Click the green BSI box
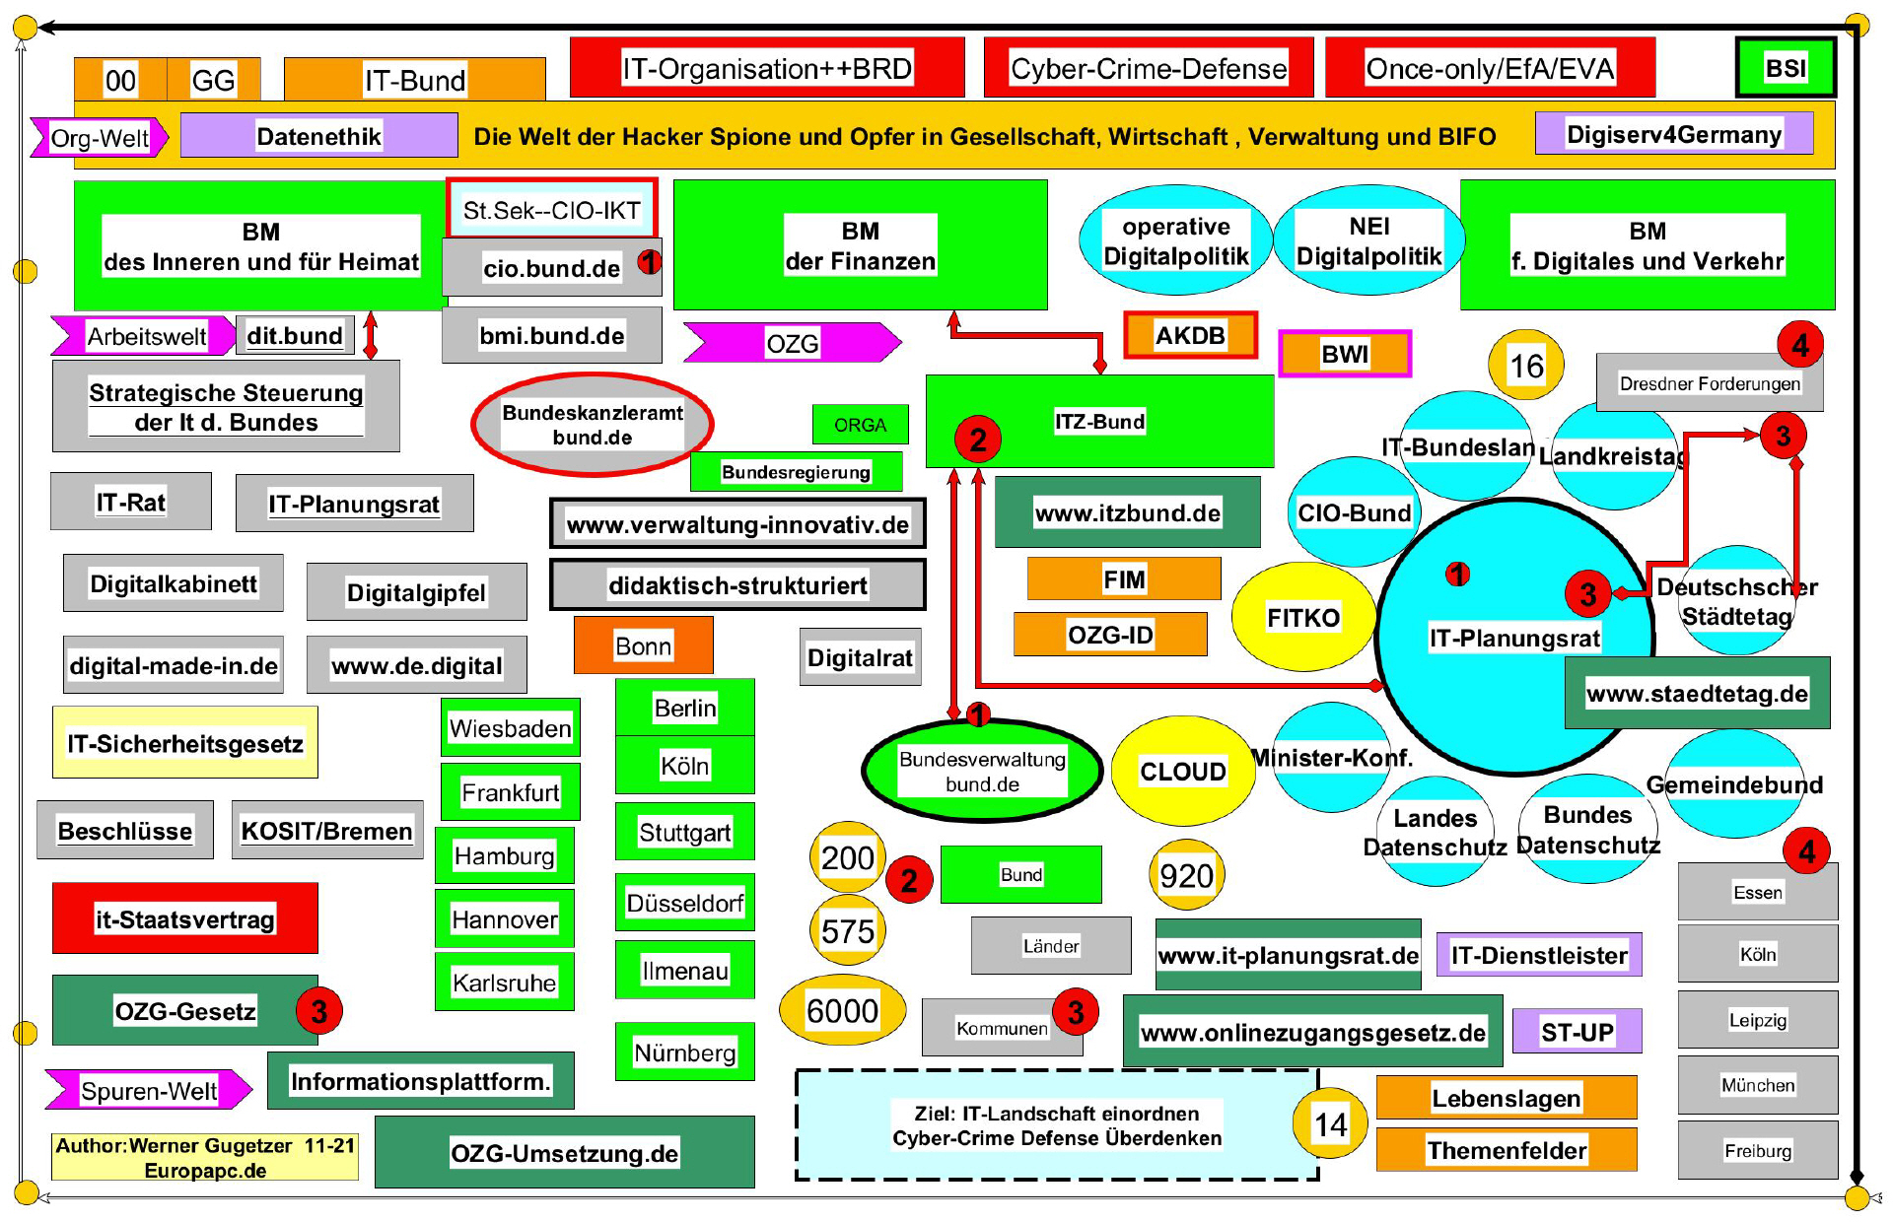1786,68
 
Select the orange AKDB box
1190,336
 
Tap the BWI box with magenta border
1345,354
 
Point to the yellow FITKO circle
1302,618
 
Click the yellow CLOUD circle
1183,771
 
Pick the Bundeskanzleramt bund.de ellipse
593,425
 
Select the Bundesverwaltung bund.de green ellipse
982,772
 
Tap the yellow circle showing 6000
842,1011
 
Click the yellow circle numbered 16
1526,366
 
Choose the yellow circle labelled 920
1186,875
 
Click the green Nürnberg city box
684,1052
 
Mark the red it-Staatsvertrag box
185,918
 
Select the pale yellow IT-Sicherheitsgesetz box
185,743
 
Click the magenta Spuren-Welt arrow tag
148,1090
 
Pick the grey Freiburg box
1757,1150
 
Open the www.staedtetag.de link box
1697,694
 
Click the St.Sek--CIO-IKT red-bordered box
551,209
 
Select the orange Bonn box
643,645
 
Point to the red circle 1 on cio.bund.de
649,261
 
